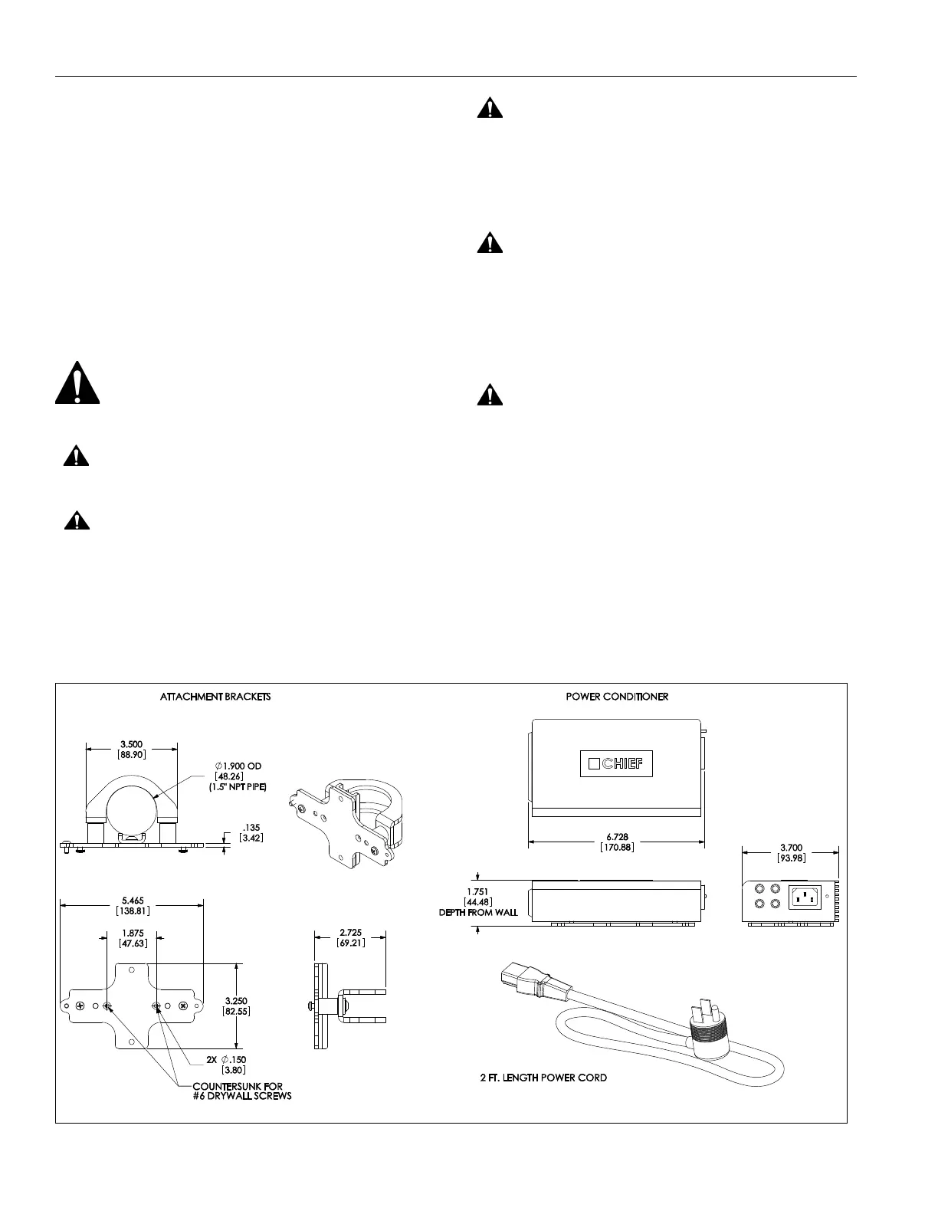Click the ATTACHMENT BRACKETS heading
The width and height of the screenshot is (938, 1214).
215,697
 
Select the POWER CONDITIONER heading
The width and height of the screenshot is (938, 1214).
617,697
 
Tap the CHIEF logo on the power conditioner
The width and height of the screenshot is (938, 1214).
615,763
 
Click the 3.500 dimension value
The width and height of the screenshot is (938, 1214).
131,744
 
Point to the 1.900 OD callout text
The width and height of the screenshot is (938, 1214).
244,766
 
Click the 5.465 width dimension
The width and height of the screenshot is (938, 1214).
132,901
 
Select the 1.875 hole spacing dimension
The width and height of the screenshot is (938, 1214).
132,933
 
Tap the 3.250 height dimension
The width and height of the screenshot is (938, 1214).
236,1001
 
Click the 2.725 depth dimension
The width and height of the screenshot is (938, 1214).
349,933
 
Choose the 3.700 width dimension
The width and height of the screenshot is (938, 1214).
791,847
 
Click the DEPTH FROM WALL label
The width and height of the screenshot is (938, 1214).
478,912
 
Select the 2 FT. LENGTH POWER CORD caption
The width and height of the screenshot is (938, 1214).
543,1078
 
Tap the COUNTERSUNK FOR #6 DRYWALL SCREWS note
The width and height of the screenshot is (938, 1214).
241,1091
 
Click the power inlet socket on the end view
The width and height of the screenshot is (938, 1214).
804,897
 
